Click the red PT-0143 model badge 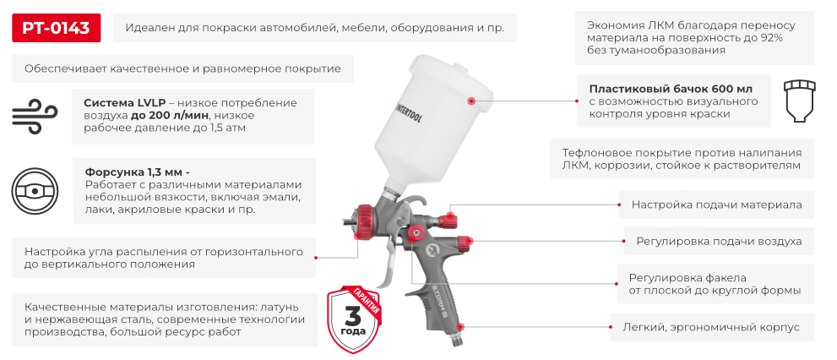56,28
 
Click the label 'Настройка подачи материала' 717,205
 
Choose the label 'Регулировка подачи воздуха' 719,242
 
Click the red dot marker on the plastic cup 471,100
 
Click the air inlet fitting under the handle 458,337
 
